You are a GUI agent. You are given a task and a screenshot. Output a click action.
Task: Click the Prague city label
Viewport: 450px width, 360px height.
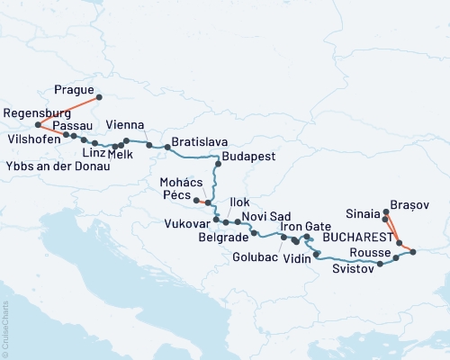71,91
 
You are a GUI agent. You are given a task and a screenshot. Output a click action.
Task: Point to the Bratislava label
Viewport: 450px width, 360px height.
200,142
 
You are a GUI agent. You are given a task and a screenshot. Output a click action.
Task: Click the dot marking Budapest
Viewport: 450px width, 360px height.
217,157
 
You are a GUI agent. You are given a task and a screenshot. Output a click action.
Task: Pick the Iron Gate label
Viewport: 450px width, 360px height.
305,226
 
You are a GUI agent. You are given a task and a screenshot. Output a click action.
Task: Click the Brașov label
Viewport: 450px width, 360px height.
410,205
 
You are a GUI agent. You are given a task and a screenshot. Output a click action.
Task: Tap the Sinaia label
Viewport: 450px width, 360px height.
364,215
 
